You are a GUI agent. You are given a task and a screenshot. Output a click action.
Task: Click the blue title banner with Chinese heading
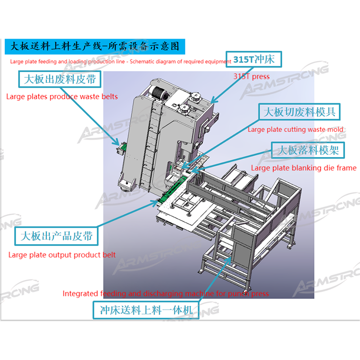pos(95,47)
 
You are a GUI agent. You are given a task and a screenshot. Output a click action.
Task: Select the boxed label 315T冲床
pos(254,59)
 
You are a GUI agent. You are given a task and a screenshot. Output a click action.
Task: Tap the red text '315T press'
pos(252,76)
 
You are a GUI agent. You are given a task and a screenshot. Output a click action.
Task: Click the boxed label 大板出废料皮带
pos(60,79)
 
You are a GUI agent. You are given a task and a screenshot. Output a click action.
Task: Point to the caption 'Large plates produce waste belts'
pos(62,97)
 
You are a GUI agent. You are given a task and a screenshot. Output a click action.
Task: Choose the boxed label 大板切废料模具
pos(299,112)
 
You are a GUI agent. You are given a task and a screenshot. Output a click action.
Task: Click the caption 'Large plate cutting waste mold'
pos(296,130)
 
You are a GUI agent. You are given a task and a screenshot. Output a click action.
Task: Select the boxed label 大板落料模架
pos(308,150)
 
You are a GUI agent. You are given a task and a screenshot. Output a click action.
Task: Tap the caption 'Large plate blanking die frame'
pos(303,168)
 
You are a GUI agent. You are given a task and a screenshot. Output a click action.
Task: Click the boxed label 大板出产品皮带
pos(57,236)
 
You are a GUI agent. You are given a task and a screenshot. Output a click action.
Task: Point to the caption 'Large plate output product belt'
pos(62,255)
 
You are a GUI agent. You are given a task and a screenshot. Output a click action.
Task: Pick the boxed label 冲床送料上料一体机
pos(146,310)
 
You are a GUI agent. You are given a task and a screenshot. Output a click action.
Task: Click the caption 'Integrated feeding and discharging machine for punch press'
pos(166,294)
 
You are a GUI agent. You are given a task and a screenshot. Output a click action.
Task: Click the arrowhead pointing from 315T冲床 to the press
pos(213,100)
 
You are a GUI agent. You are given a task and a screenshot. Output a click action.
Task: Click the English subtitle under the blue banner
pos(121,62)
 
